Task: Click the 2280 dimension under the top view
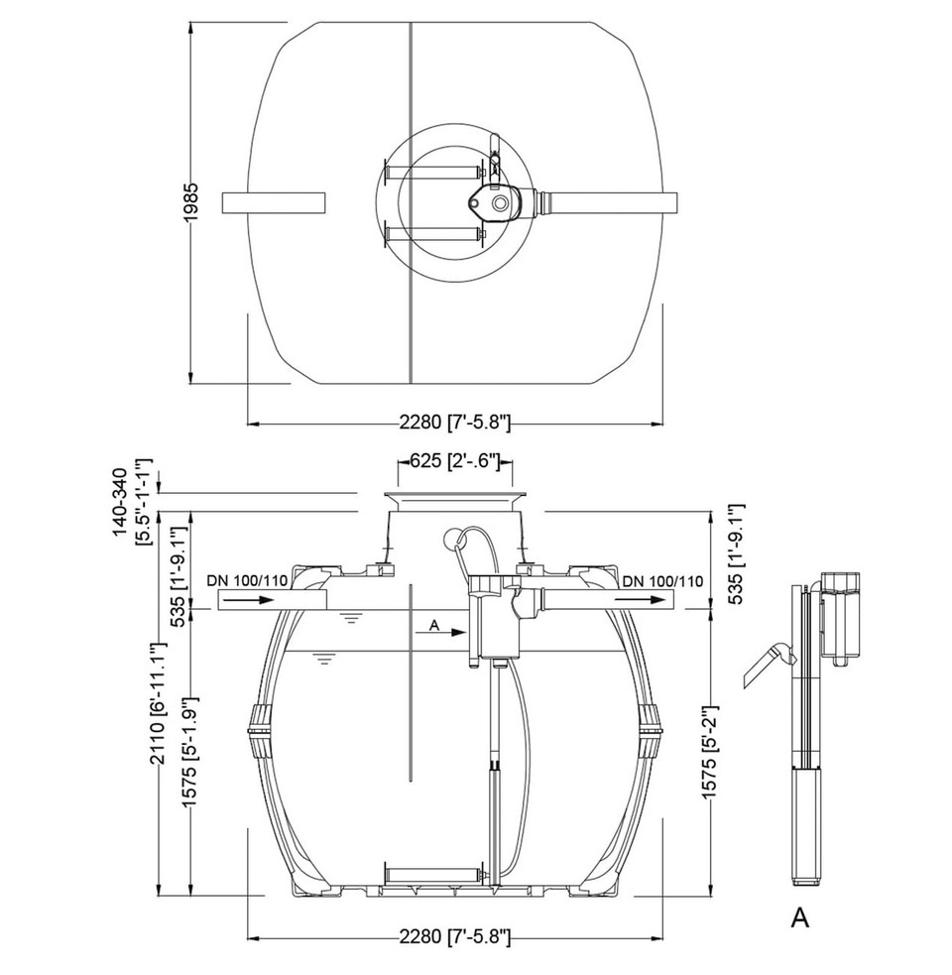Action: (454, 423)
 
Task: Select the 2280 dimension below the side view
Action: (454, 936)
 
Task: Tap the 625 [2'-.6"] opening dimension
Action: (455, 461)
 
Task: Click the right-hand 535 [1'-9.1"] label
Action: (736, 554)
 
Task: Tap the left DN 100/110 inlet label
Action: (248, 581)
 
